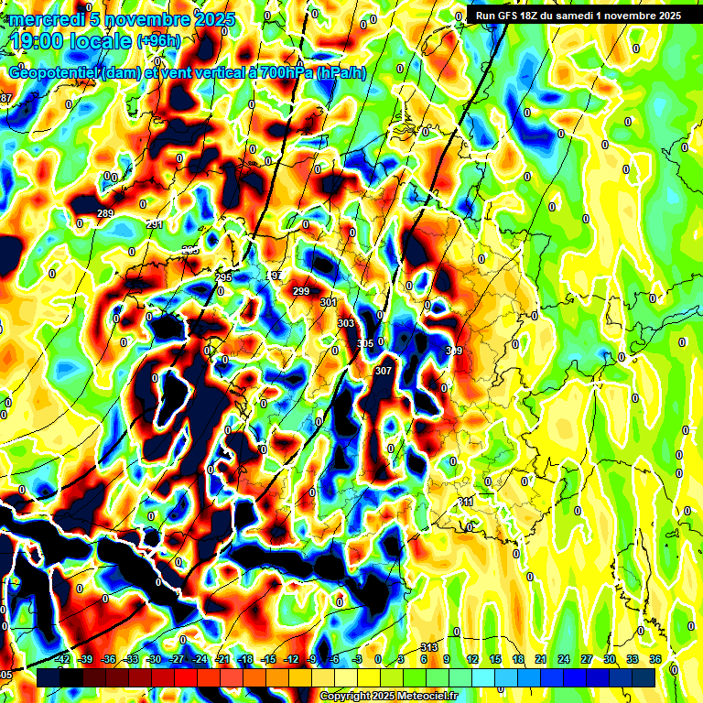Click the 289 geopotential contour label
click(x=105, y=214)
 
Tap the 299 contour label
click(x=301, y=291)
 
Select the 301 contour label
click(x=329, y=302)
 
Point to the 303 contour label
click(x=345, y=323)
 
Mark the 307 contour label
click(x=384, y=371)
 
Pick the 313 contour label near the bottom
click(x=428, y=647)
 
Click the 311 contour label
click(x=466, y=502)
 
